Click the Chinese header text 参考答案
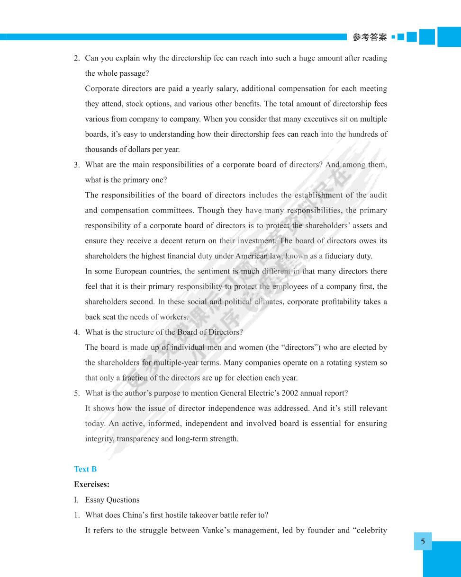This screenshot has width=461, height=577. [370, 37]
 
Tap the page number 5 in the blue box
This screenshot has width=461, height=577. [423, 541]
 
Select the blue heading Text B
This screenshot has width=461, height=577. [85, 469]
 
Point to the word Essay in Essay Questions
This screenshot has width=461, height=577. [95, 500]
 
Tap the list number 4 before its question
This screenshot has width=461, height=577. [76, 332]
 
